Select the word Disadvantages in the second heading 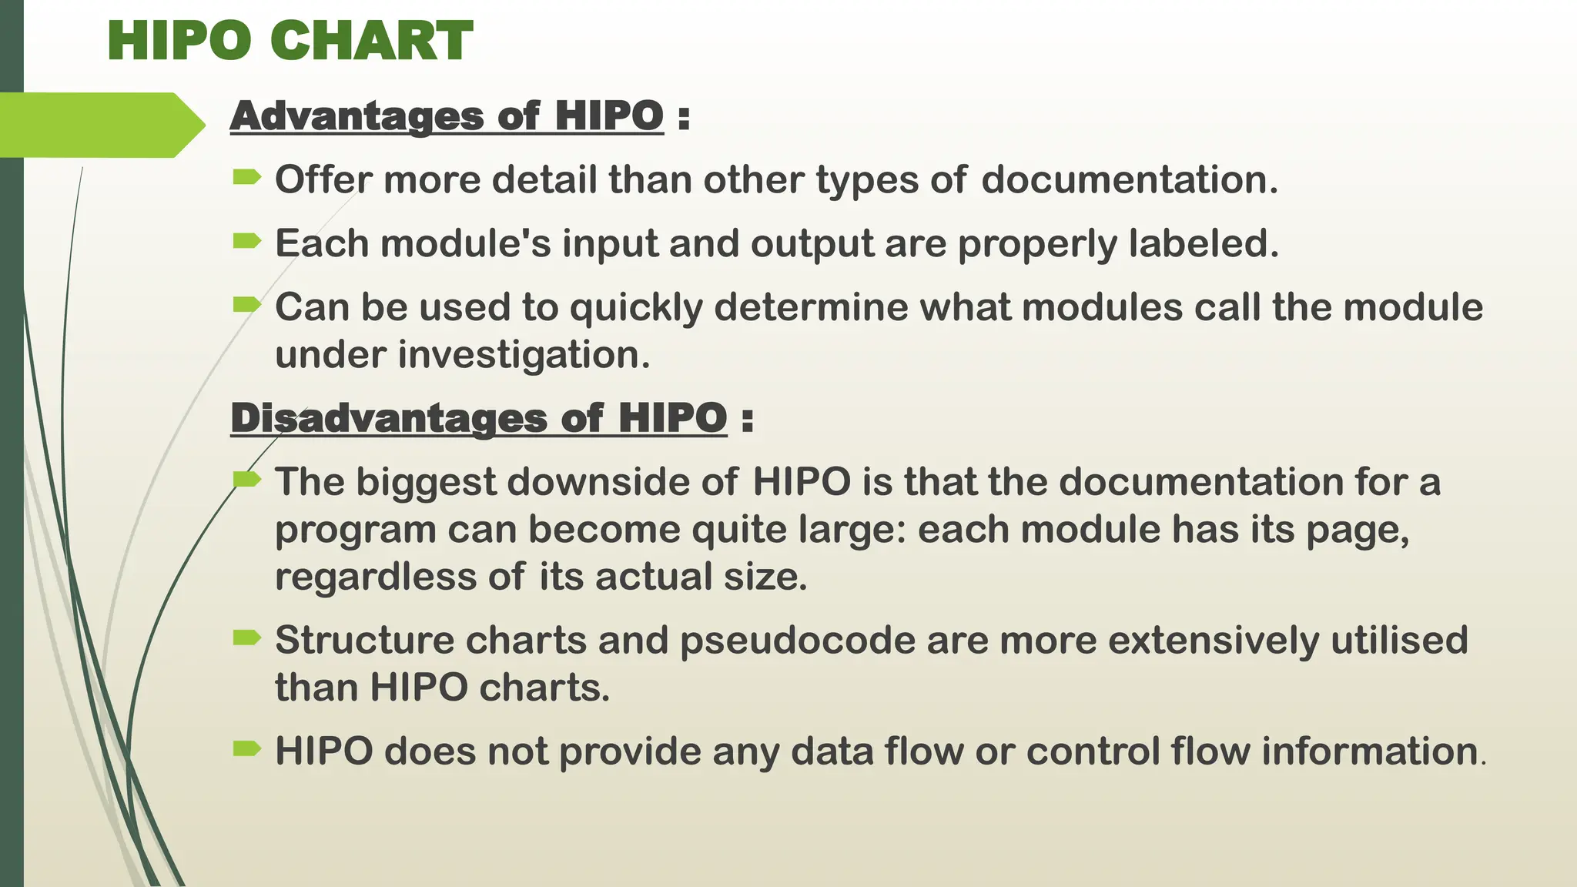(390, 419)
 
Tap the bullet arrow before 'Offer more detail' (247, 179)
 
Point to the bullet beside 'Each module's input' (247, 242)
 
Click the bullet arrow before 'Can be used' (247, 305)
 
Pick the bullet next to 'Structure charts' (247, 638)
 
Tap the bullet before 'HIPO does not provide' (247, 748)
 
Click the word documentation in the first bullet (1129, 180)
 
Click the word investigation (524, 356)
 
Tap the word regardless (376, 577)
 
